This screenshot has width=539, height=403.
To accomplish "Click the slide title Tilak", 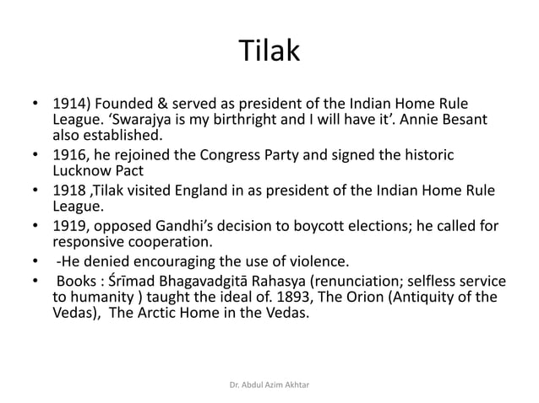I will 269,51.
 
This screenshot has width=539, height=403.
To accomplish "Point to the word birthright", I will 253,119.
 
